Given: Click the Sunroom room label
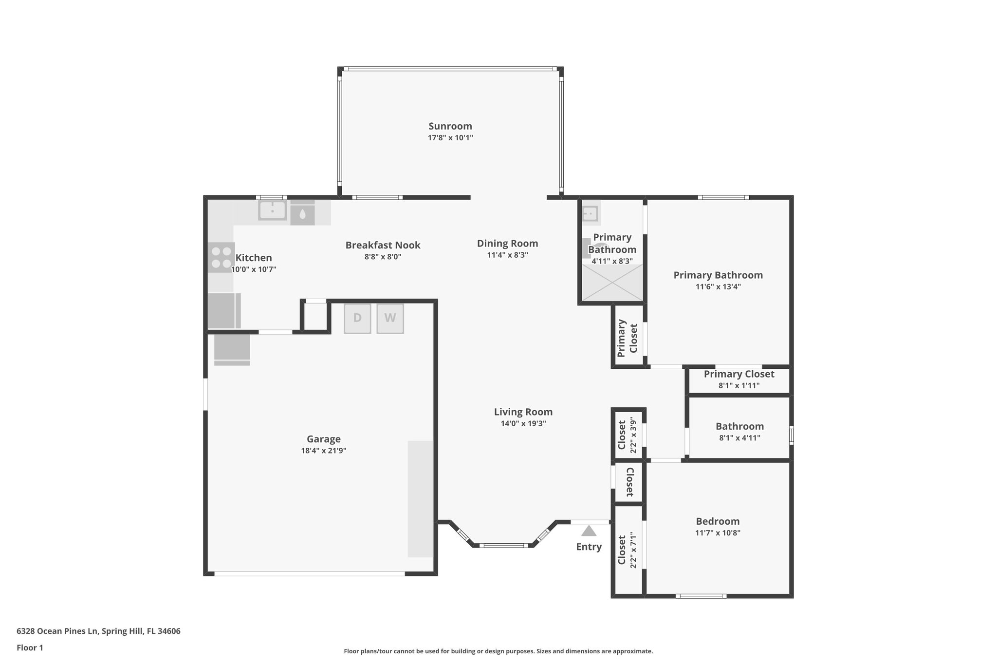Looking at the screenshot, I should coord(450,127).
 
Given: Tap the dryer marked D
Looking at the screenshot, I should coord(357,319).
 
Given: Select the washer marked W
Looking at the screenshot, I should coord(390,319).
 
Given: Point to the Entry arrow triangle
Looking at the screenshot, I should coord(589,531).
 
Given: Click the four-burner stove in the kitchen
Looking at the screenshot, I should coord(221,257).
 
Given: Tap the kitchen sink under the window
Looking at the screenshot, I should coord(272,211).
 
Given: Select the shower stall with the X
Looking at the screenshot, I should coord(612,283).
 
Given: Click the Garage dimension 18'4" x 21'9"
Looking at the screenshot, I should coord(323,451).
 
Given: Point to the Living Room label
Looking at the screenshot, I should coord(523,412).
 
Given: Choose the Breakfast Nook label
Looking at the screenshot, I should coord(383,245).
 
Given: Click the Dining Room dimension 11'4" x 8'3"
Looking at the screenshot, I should coord(507,255).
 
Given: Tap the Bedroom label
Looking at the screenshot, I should coord(718,521).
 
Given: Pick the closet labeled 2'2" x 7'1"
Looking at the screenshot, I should coord(628,551).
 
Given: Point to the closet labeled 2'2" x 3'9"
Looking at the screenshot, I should coord(628,435).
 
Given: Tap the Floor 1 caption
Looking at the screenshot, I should coord(30,648).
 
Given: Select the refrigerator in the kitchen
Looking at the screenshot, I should coord(224,311).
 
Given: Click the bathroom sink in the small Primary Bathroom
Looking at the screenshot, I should coord(590,213).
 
